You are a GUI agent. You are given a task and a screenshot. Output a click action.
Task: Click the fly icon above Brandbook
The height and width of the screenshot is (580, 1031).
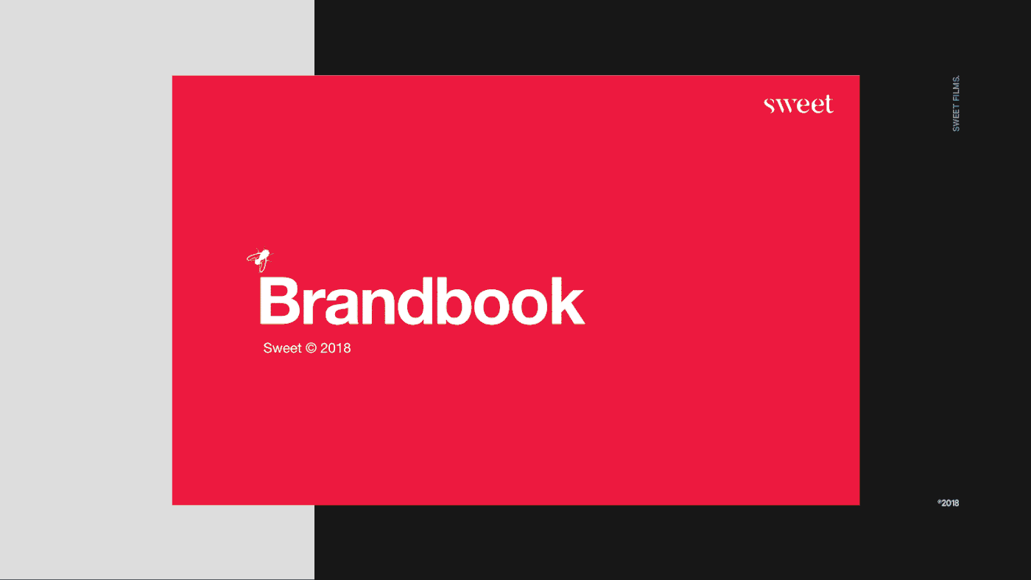(x=260, y=260)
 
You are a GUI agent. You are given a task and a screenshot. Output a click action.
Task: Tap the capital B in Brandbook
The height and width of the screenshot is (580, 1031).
(x=279, y=301)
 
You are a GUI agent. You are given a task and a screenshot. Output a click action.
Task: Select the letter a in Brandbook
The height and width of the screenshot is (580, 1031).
(x=341, y=307)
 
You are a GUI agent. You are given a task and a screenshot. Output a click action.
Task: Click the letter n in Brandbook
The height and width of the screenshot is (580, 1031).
(x=379, y=306)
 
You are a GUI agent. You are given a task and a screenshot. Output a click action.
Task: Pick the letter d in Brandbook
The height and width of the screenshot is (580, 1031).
(x=415, y=301)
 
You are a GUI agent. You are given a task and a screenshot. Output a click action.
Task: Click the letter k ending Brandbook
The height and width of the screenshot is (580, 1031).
(x=568, y=301)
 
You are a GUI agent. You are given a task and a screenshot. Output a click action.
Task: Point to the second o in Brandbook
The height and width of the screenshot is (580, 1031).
(x=529, y=307)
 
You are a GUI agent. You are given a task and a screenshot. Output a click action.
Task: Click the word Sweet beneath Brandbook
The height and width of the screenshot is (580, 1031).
(x=282, y=348)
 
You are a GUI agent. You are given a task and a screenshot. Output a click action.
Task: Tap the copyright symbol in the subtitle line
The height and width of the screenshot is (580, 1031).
(x=311, y=348)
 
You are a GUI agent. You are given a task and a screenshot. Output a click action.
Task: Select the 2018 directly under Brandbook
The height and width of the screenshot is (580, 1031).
(x=336, y=348)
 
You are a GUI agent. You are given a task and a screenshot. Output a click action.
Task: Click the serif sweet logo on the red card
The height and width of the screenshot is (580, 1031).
(x=798, y=104)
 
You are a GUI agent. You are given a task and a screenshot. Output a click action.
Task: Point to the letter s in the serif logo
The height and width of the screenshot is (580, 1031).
(x=770, y=106)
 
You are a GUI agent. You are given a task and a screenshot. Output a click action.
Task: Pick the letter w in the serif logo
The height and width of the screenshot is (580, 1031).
(x=786, y=106)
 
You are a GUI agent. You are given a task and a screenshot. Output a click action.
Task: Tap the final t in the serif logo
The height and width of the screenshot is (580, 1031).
(x=828, y=104)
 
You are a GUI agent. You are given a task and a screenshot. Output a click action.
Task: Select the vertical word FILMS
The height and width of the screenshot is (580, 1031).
(x=956, y=89)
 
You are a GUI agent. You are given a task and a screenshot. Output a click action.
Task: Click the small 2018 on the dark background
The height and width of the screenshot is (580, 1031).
(x=949, y=503)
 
